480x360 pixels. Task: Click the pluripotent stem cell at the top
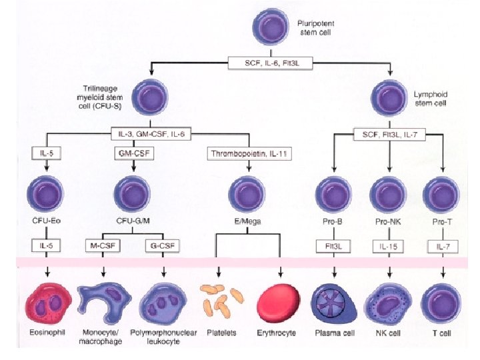pos(271,27)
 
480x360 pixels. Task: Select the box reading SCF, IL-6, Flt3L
pos(271,64)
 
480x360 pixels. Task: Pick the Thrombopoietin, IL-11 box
pos(248,153)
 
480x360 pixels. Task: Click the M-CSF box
pos(103,245)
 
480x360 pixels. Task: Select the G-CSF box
pos(163,245)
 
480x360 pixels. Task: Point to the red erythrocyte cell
pos(279,303)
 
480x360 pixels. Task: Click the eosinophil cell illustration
pos(47,303)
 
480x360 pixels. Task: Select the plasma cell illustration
pos(334,303)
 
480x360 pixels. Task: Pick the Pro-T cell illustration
pos(443,194)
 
